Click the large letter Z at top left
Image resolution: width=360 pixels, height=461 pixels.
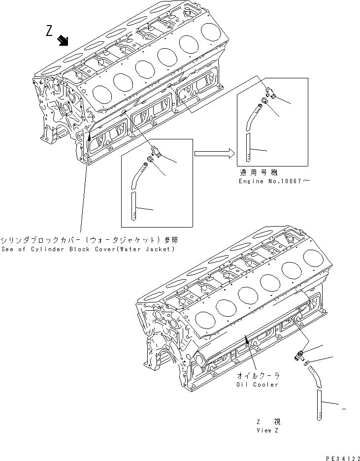(49, 31)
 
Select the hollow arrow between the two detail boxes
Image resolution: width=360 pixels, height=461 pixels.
(213, 154)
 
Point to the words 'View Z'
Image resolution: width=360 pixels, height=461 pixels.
(268, 430)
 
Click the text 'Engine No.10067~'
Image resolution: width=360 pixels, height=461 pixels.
(275, 181)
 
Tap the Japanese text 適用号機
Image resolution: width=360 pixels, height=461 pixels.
(259, 172)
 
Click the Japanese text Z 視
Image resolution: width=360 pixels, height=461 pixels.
(268, 422)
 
